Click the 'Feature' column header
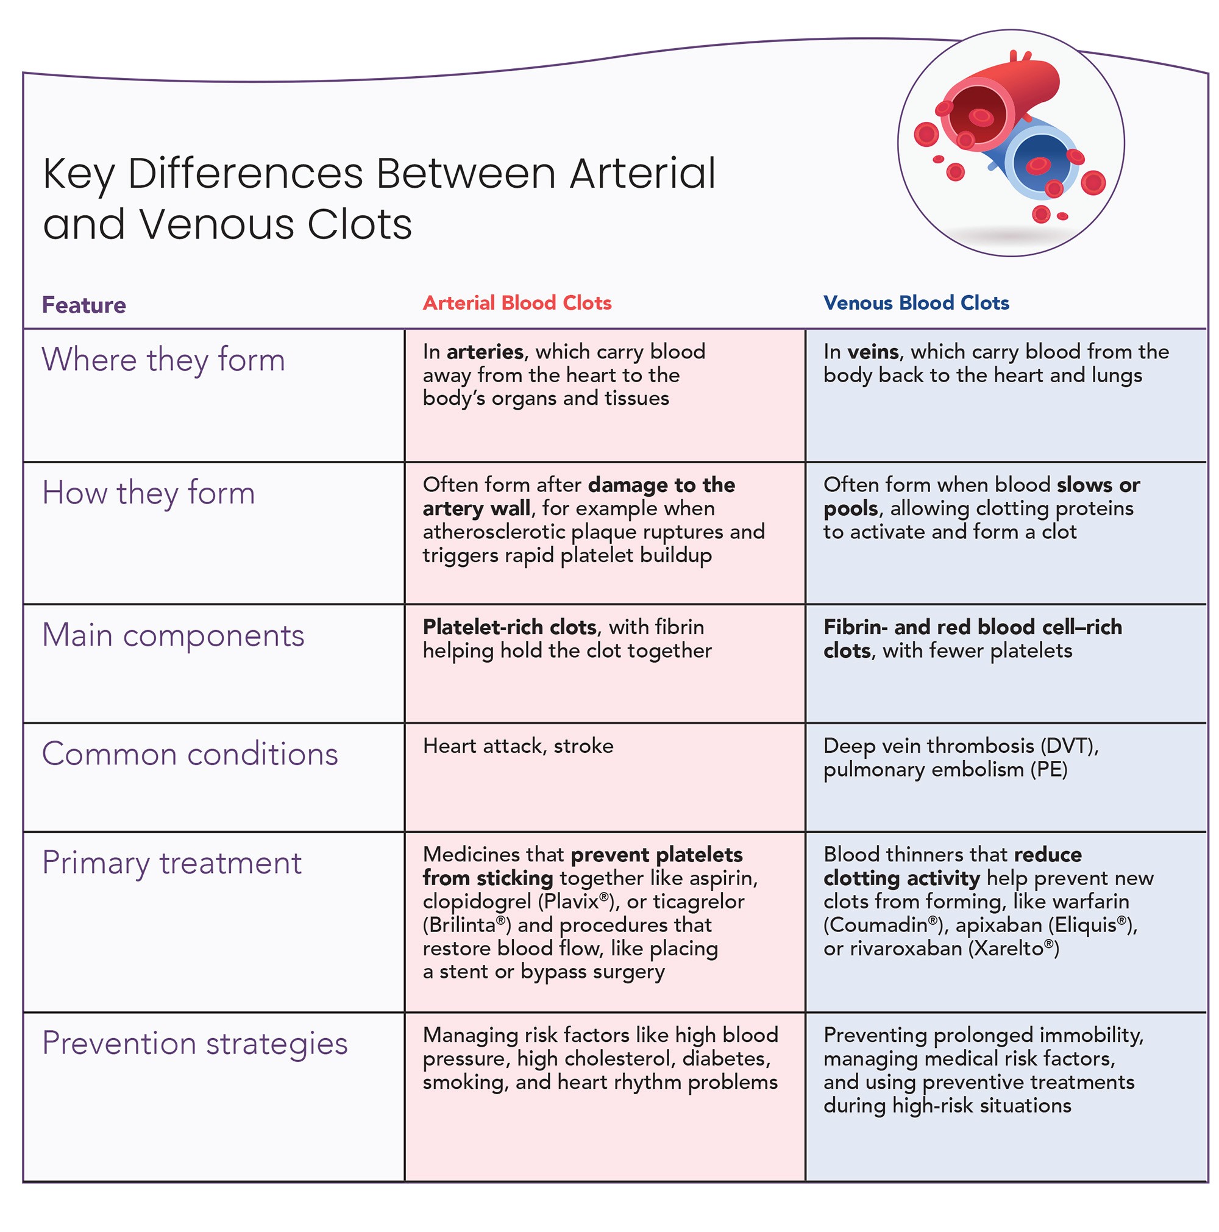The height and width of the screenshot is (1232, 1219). coord(84,305)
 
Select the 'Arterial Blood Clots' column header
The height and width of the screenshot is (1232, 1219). coord(516,302)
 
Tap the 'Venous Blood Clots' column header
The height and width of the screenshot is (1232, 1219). coord(915,302)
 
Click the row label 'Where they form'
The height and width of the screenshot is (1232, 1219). coord(163,359)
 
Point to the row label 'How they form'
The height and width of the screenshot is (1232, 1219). coord(149,493)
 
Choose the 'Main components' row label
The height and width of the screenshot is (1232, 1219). coord(172,635)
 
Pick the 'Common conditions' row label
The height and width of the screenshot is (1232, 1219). coord(190,753)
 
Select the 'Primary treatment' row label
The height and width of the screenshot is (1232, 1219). coord(171,863)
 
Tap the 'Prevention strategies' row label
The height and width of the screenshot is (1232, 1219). coord(194,1044)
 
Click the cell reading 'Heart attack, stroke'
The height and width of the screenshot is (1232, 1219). coord(517,746)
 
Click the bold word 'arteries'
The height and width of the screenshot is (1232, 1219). coord(485,351)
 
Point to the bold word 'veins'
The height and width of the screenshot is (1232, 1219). coord(873,351)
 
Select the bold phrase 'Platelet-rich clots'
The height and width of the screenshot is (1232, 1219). coord(510,627)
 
